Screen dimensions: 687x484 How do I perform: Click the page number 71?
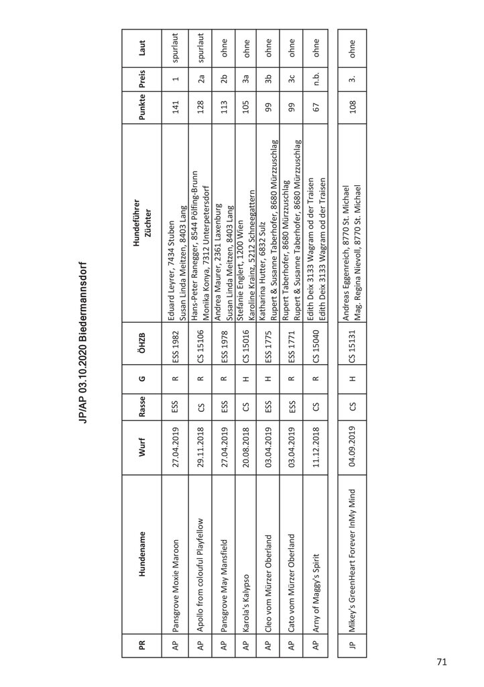click(x=442, y=662)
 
